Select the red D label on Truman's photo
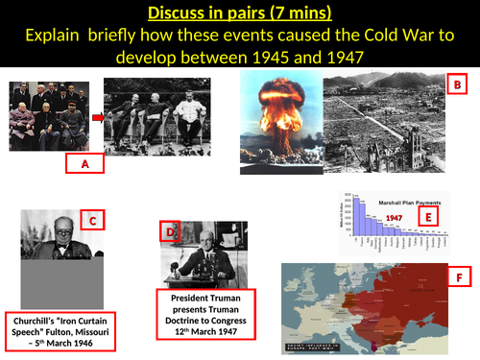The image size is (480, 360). [170, 232]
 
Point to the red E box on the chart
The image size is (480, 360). [430, 216]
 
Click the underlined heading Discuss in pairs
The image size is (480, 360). [239, 14]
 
